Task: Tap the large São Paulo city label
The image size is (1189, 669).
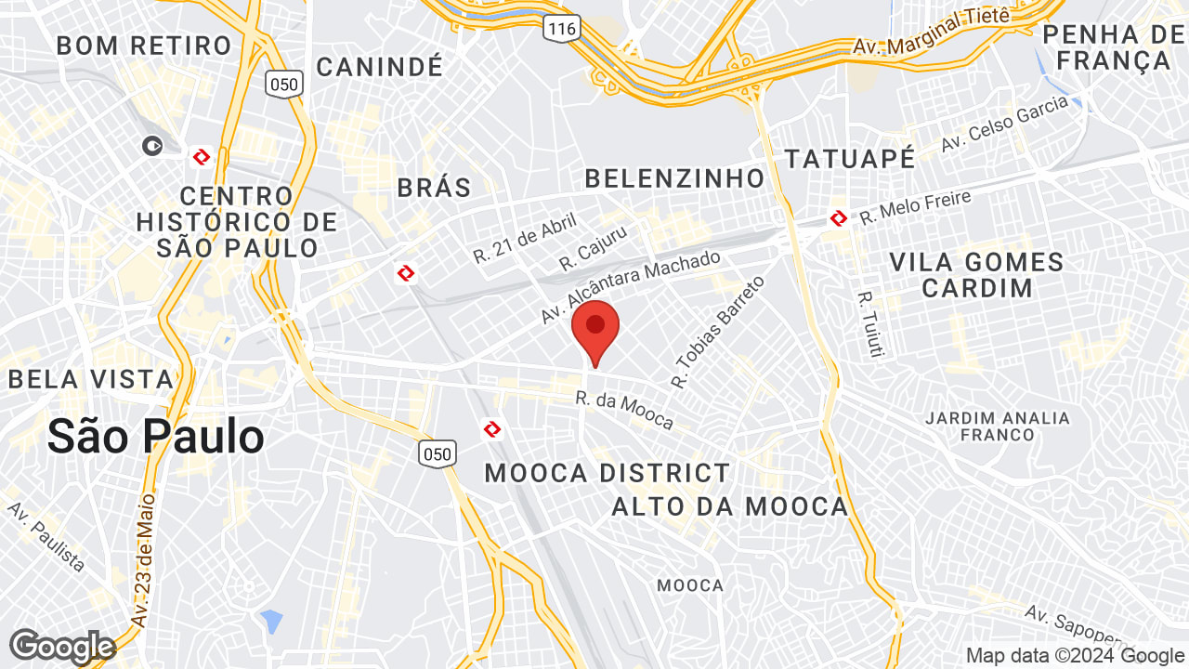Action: coord(155,436)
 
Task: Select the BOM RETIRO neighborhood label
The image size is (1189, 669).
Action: coord(144,45)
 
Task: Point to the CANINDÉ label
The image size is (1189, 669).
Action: coord(380,66)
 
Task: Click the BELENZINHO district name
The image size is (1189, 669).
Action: coord(674,177)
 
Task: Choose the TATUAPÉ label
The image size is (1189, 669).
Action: coord(850,158)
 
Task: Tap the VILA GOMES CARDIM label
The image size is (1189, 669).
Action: coord(976,274)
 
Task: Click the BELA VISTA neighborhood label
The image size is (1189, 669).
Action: coord(91,379)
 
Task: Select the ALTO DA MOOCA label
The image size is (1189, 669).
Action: coord(730,506)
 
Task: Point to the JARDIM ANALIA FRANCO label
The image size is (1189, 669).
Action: coord(998,426)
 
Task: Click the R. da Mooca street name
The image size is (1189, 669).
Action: coord(624,411)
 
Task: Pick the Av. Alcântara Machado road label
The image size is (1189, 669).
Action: coord(631,287)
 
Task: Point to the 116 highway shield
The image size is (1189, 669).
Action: coord(562,29)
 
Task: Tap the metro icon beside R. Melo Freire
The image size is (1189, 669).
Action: coord(838,218)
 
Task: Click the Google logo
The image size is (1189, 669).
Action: coord(62,646)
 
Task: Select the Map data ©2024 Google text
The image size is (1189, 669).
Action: coord(1075,655)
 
